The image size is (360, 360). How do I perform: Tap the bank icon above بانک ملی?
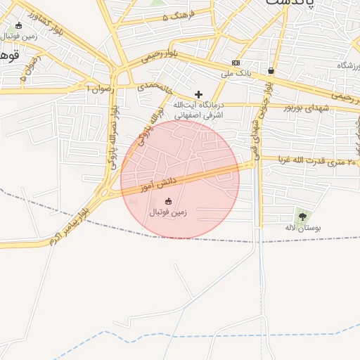[236, 63]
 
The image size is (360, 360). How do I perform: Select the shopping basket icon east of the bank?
[271, 70]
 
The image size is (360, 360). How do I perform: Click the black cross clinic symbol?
[198, 94]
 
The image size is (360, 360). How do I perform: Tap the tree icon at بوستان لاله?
[302, 217]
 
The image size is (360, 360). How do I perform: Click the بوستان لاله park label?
[303, 229]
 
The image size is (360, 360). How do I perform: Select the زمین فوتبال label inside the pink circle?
[167, 212]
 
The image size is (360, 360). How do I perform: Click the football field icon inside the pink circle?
[167, 202]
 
